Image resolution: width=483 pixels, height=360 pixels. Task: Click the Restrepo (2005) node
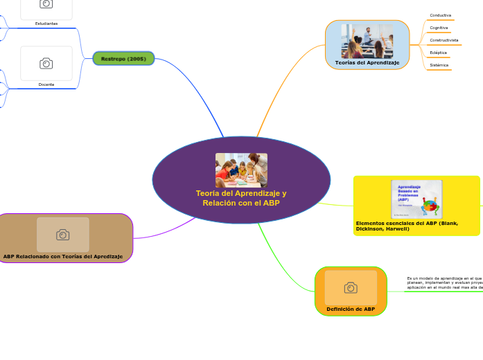(x=123, y=59)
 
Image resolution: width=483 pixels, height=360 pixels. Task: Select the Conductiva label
(x=440, y=15)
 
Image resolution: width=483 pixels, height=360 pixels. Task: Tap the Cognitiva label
(x=439, y=28)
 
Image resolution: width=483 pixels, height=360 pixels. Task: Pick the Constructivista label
(x=444, y=40)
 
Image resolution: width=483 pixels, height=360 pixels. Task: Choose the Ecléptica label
(x=438, y=53)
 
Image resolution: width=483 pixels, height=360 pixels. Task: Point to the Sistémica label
(x=439, y=65)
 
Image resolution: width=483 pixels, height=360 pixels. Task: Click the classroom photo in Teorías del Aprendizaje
(x=367, y=42)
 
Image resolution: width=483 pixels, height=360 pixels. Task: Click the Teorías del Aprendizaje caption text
(x=367, y=63)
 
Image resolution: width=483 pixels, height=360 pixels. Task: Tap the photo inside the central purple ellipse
(x=241, y=170)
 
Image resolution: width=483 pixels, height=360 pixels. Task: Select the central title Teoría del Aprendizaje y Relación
(x=241, y=198)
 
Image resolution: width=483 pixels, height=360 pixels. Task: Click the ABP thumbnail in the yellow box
(x=416, y=199)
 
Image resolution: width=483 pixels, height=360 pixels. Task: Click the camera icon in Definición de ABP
(x=351, y=287)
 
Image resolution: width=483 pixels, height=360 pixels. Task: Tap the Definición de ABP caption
(x=351, y=309)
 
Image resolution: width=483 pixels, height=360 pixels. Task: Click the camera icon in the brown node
(x=63, y=235)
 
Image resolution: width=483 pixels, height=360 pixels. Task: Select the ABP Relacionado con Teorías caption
(x=63, y=257)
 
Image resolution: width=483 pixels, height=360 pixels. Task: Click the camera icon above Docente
(x=46, y=64)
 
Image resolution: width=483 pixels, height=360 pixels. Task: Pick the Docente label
(x=46, y=84)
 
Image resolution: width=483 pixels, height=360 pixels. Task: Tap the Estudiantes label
(x=46, y=24)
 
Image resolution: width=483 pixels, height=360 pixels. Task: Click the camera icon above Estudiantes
(x=46, y=4)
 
